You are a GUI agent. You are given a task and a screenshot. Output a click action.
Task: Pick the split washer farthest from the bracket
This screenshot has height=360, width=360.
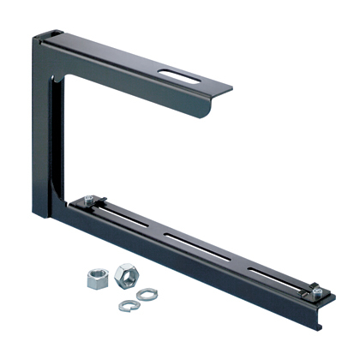tap(126, 304)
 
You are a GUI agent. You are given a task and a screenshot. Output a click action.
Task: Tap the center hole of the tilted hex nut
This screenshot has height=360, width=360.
tap(125, 273)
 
